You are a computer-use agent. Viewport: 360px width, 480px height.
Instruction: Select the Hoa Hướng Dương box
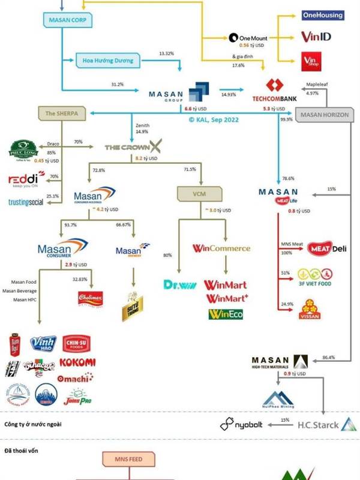click(x=107, y=60)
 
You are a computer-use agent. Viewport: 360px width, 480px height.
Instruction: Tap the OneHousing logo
click(x=323, y=15)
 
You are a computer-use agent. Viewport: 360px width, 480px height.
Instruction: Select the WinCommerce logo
click(x=221, y=248)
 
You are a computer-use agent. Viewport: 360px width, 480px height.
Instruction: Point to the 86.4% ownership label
click(x=329, y=357)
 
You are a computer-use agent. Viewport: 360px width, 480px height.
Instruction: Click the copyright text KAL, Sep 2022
click(x=213, y=119)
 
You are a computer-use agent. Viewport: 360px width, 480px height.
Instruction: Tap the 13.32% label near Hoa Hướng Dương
click(x=166, y=54)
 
